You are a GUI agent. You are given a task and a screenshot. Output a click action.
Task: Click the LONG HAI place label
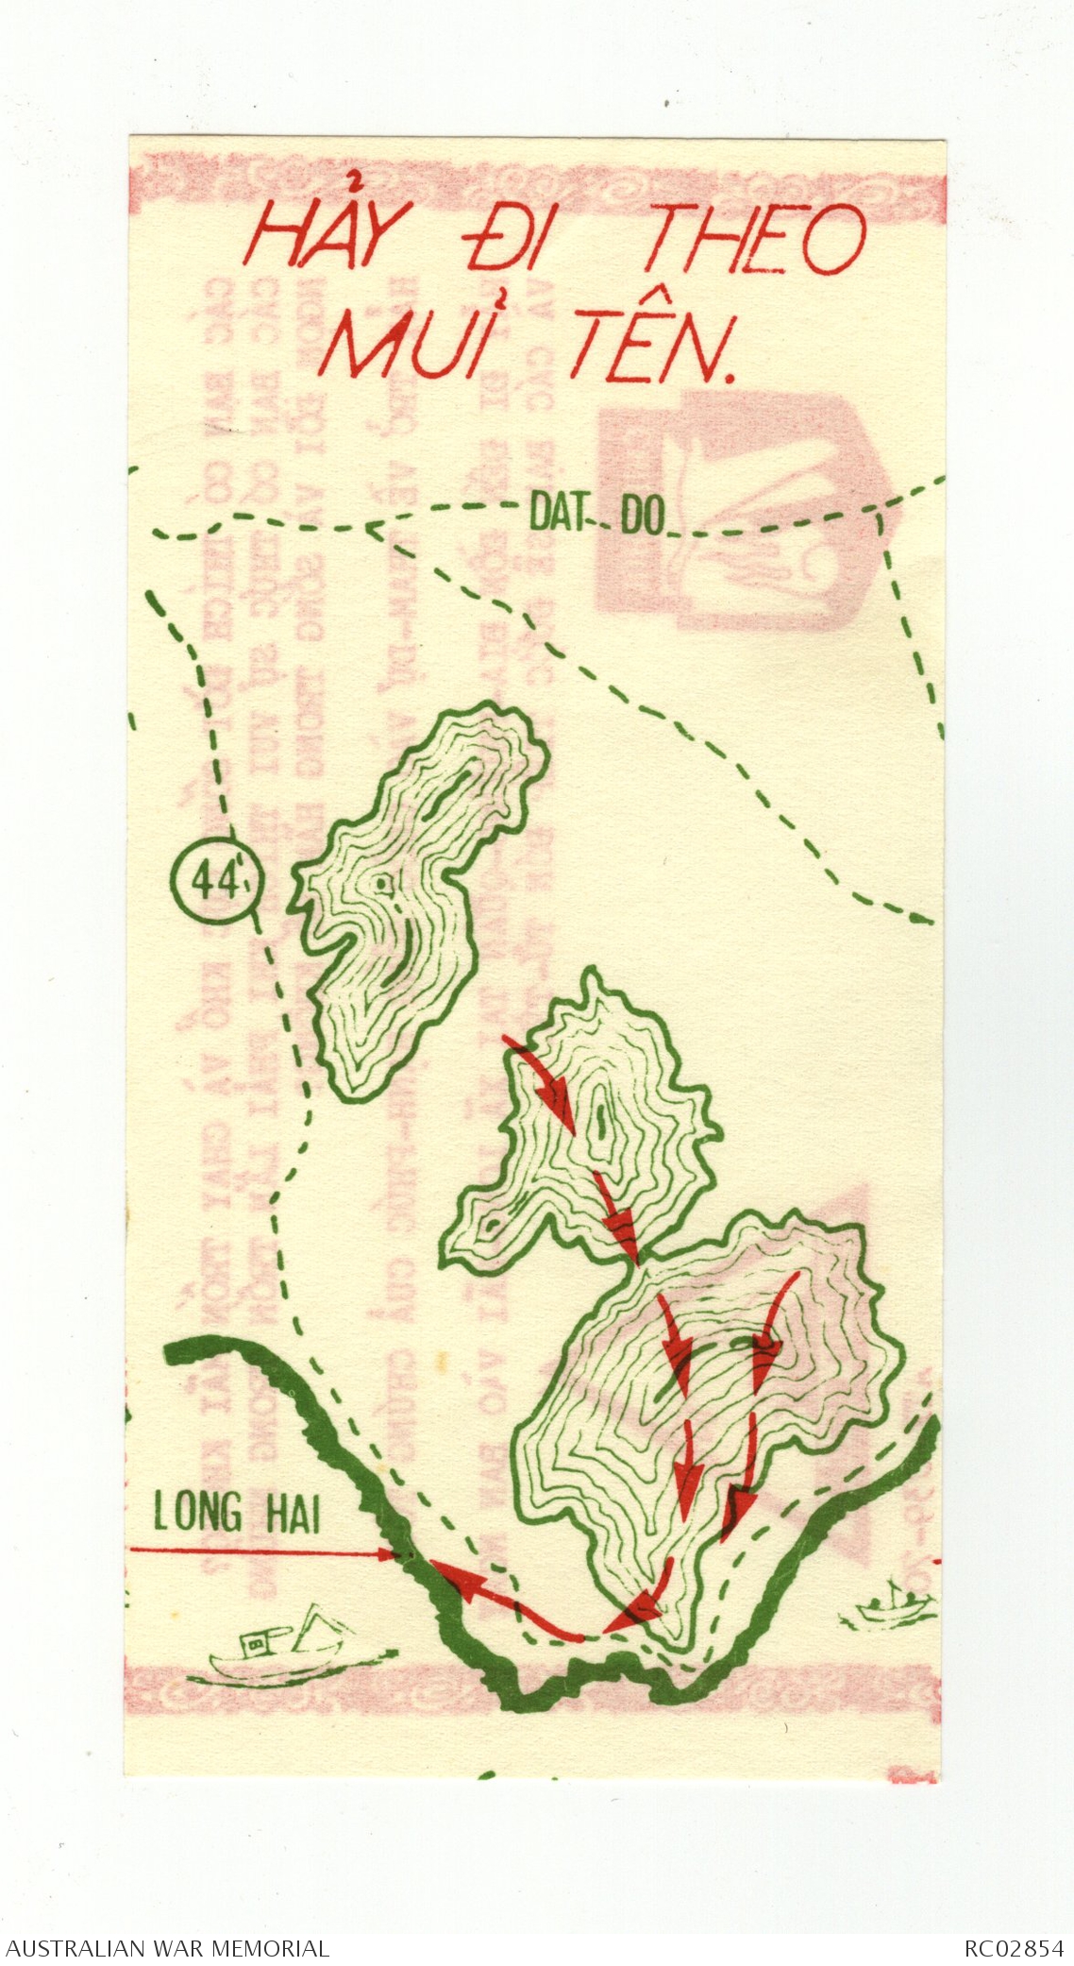pos(236,1514)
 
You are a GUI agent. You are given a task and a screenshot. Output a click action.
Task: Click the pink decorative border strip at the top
pos(538,179)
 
